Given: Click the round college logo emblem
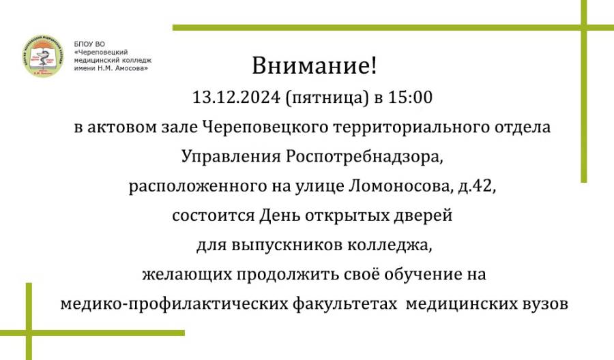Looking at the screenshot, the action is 43,55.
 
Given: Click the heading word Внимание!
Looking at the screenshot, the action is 314,65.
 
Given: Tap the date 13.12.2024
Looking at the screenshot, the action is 236,97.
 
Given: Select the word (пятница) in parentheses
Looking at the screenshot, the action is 327,97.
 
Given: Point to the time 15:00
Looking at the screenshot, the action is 410,97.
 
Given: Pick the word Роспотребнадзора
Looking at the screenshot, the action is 364,157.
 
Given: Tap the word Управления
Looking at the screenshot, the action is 231,157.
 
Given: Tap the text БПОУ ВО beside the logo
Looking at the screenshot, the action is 89,44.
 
